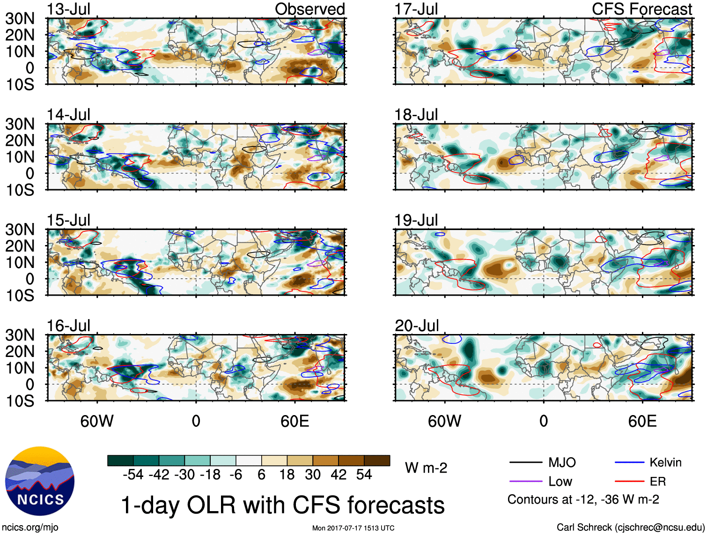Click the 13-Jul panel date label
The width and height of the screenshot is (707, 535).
pos(68,9)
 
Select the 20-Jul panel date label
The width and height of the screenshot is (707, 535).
pos(417,326)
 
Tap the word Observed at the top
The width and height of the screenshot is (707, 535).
pos(309,9)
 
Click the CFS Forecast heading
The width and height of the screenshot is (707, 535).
pos(641,9)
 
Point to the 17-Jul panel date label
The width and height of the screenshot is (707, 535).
pos(416,9)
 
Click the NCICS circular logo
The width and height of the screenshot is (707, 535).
pos(40,481)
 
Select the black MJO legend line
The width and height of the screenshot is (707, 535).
pos(525,463)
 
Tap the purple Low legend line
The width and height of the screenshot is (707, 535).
pos(525,482)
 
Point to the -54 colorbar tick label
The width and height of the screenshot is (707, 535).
pos(133,475)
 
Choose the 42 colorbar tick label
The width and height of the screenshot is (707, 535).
pos(339,475)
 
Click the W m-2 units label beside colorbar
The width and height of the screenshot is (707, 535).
pos(426,468)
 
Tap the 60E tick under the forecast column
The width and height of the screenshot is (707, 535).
pos(642,421)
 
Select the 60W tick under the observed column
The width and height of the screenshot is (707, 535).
pos(97,421)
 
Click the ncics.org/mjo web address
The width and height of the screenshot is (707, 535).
pos(30,528)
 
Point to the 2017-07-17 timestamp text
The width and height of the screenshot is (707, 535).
pos(353,528)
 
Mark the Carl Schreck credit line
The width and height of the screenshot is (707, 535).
pos(630,528)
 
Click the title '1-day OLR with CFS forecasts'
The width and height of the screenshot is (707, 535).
pos(283,505)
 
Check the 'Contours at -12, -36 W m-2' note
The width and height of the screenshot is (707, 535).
pos(583,499)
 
